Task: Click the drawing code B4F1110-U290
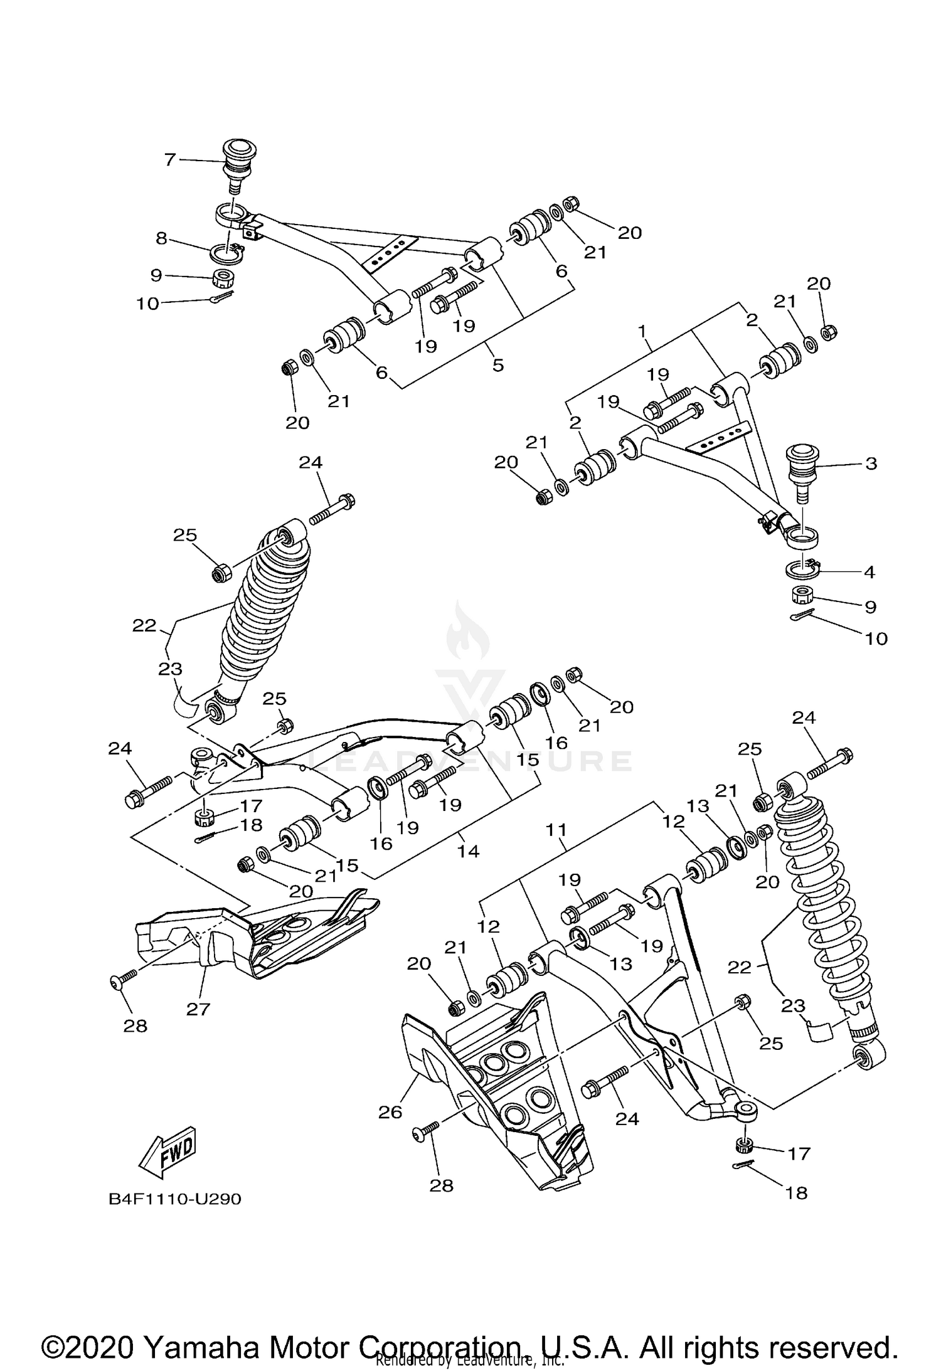tap(175, 1199)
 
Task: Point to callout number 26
tap(389, 1112)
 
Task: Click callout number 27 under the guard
tap(198, 1009)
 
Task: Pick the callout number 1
tap(642, 330)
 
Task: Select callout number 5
tap(498, 364)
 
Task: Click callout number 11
tap(556, 830)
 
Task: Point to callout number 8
tap(162, 238)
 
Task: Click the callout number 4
tap(869, 571)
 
